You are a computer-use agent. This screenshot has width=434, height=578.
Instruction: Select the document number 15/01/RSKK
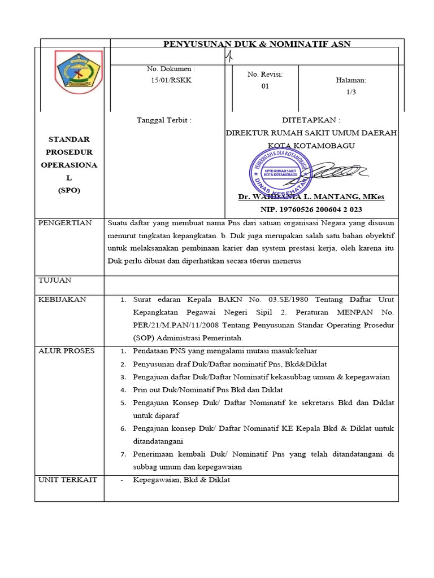click(171, 80)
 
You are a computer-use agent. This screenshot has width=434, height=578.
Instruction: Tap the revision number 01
click(265, 86)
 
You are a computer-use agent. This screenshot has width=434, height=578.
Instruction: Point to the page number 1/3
click(351, 92)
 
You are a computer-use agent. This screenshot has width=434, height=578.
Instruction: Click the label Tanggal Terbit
click(164, 120)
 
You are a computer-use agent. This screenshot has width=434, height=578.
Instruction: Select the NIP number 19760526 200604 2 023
click(311, 209)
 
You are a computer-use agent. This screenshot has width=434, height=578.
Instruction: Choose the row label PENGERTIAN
click(65, 223)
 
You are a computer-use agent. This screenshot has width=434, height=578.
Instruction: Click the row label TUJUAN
click(55, 280)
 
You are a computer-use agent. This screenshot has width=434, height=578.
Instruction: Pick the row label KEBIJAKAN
click(62, 299)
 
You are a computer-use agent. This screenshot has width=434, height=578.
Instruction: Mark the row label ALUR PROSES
click(66, 351)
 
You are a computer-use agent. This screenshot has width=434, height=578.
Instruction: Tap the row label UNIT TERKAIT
click(67, 480)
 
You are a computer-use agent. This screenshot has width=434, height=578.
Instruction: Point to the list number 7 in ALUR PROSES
click(123, 454)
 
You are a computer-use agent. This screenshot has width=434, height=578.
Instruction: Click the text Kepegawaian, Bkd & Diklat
click(181, 480)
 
